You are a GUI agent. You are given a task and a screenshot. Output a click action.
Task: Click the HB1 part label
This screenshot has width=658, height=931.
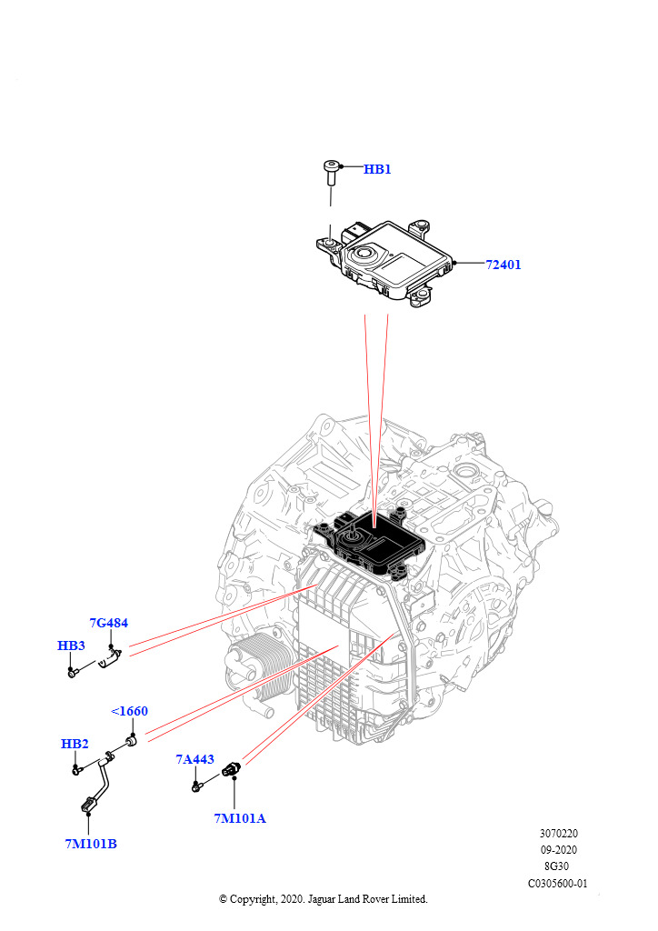pos(377,169)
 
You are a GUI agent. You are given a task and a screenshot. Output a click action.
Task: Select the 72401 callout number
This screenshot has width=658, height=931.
pos(503,265)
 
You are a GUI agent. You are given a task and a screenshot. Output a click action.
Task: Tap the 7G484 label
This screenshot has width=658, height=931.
pos(108,623)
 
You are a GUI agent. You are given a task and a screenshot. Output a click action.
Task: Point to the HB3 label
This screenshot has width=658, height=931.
pos(71,646)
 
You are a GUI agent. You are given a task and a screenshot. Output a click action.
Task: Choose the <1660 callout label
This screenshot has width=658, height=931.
pos(129,711)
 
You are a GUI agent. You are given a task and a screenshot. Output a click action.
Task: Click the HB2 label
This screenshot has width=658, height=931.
pos(75,744)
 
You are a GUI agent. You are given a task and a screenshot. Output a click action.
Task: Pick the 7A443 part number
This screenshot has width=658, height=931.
pos(194,759)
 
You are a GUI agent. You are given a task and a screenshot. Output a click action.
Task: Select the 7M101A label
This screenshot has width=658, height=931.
pos(239,818)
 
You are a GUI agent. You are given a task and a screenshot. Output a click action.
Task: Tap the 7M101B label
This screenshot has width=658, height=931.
pos(90,844)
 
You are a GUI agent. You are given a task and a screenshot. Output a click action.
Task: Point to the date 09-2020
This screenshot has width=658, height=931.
pos(558,849)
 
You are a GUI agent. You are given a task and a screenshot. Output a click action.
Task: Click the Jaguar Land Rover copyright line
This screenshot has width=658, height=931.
pos(323,899)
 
